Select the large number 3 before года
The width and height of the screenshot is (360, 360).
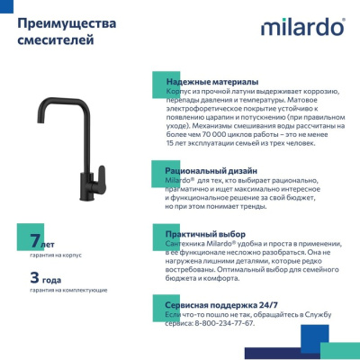[x=34, y=277]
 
